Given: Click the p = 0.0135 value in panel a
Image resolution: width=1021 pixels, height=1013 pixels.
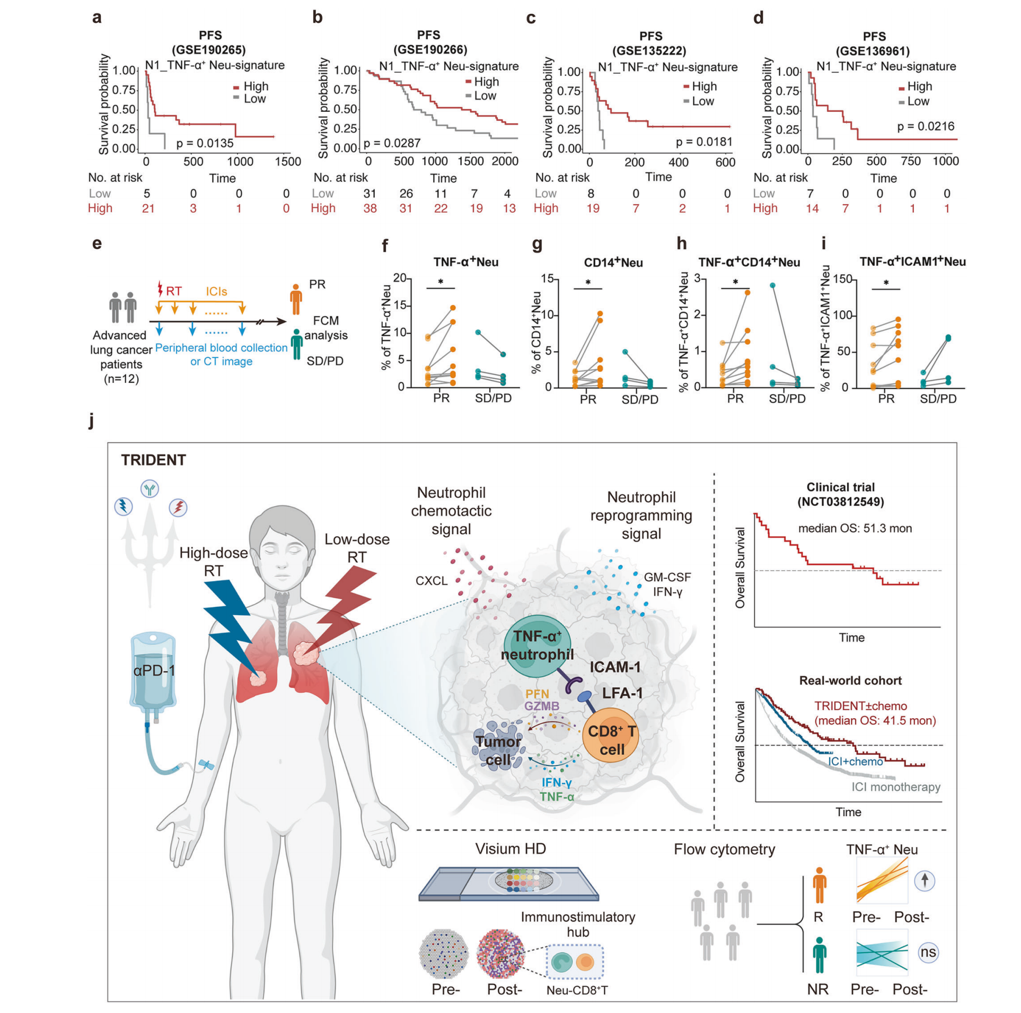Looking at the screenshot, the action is coord(205,143).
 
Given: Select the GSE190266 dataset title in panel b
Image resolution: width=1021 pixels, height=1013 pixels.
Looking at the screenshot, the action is coord(430,50).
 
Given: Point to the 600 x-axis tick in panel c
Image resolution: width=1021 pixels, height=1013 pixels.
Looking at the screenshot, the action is coord(725,162).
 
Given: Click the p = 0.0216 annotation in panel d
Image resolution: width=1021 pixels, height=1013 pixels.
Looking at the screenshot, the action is coord(926,126).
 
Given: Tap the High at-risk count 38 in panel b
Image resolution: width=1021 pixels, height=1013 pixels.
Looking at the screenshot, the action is coord(370,208).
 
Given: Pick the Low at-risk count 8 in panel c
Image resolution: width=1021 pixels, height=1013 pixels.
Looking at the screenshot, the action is coord(591,194).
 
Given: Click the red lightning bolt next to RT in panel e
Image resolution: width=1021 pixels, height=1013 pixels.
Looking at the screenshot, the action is coord(160,289).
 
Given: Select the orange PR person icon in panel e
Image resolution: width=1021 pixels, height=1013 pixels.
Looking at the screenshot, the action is coord(296,300).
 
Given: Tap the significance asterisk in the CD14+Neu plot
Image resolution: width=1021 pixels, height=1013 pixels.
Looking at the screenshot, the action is coord(588,283).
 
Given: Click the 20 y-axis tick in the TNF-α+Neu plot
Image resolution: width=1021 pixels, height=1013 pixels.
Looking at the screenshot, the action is coord(400,278).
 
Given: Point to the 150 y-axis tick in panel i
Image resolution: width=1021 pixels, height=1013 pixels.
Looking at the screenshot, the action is coord(842,279).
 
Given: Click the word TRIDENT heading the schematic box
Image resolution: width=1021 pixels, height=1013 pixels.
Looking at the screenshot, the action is coord(153,460).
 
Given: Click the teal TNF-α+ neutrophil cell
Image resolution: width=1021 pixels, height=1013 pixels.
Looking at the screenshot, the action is coord(537,645).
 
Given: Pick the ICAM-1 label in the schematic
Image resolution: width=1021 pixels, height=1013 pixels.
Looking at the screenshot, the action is coord(615,667).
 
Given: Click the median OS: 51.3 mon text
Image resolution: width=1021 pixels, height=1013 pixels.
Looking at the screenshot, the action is coord(855,528).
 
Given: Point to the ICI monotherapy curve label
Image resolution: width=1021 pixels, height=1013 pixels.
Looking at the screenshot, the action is coord(895,787).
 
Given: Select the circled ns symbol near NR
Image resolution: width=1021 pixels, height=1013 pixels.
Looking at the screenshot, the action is coord(928,952).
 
